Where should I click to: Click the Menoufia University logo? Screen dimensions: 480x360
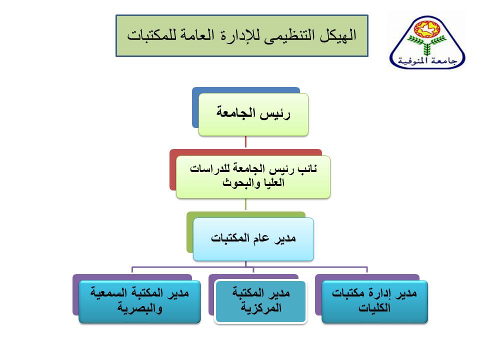pyautogui.click(x=427, y=42)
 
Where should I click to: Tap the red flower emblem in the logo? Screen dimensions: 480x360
pyautogui.click(x=427, y=29)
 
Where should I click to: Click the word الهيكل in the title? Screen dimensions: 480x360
pyautogui.click(x=338, y=35)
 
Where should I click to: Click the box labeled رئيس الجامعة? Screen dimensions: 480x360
pyautogui.click(x=253, y=114)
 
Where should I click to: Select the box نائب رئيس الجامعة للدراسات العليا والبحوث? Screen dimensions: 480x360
pyautogui.click(x=253, y=177)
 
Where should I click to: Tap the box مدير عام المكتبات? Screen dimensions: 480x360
pyautogui.click(x=253, y=239)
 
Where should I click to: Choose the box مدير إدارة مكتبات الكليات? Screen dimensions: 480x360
pyautogui.click(x=374, y=301)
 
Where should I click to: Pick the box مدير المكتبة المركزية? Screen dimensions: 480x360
pyautogui.click(x=261, y=301)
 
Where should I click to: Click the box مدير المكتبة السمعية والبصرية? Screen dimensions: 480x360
pyautogui.click(x=139, y=301)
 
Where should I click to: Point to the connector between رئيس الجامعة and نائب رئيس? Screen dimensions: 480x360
pyautogui.click(x=245, y=142)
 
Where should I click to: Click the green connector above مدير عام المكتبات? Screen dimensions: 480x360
pyautogui.click(x=245, y=204)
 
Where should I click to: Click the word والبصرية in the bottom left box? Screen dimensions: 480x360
pyautogui.click(x=139, y=308)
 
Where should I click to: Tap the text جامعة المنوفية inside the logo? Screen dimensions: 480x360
pyautogui.click(x=427, y=60)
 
